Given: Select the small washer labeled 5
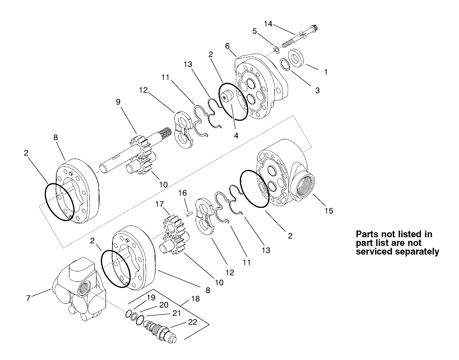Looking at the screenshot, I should tap(276, 49).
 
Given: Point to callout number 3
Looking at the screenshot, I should tap(317, 91).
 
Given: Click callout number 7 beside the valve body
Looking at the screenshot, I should tap(29, 298).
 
